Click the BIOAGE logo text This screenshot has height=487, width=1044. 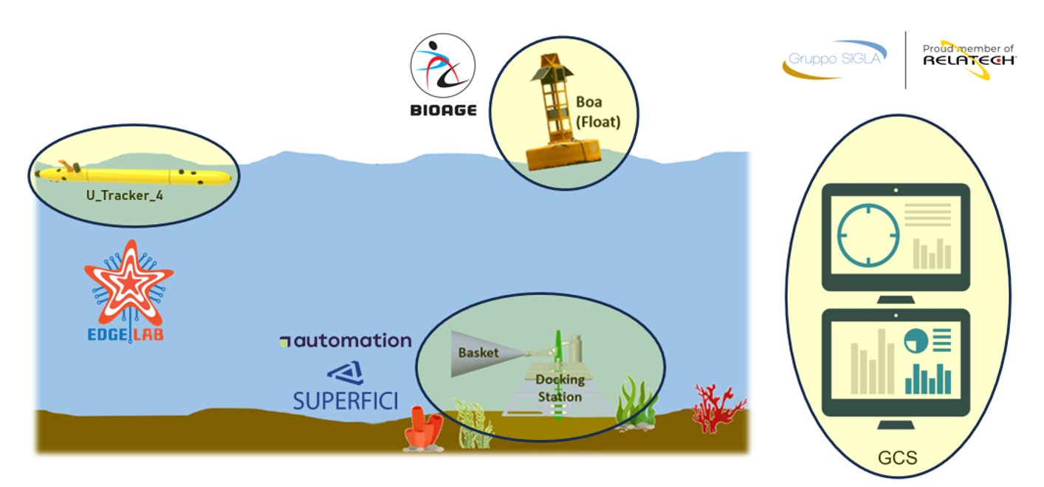pos(443,110)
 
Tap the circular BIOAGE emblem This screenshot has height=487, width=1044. pos(442,65)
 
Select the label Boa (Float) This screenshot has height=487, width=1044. pos(598,112)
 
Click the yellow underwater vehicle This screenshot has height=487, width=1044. pos(134,175)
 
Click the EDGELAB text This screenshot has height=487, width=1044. pos(125,334)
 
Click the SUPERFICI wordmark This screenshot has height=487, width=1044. pos(345,401)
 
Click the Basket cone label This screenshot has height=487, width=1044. pos(478,353)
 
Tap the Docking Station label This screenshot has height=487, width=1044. pos(560,388)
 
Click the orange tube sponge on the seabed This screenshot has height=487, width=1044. pos(424,429)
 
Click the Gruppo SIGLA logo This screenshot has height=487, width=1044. pos(834,59)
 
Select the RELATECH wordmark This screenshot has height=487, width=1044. pos(969,61)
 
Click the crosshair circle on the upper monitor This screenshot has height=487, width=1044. pos(868,235)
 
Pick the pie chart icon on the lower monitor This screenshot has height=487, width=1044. pos(916,341)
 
